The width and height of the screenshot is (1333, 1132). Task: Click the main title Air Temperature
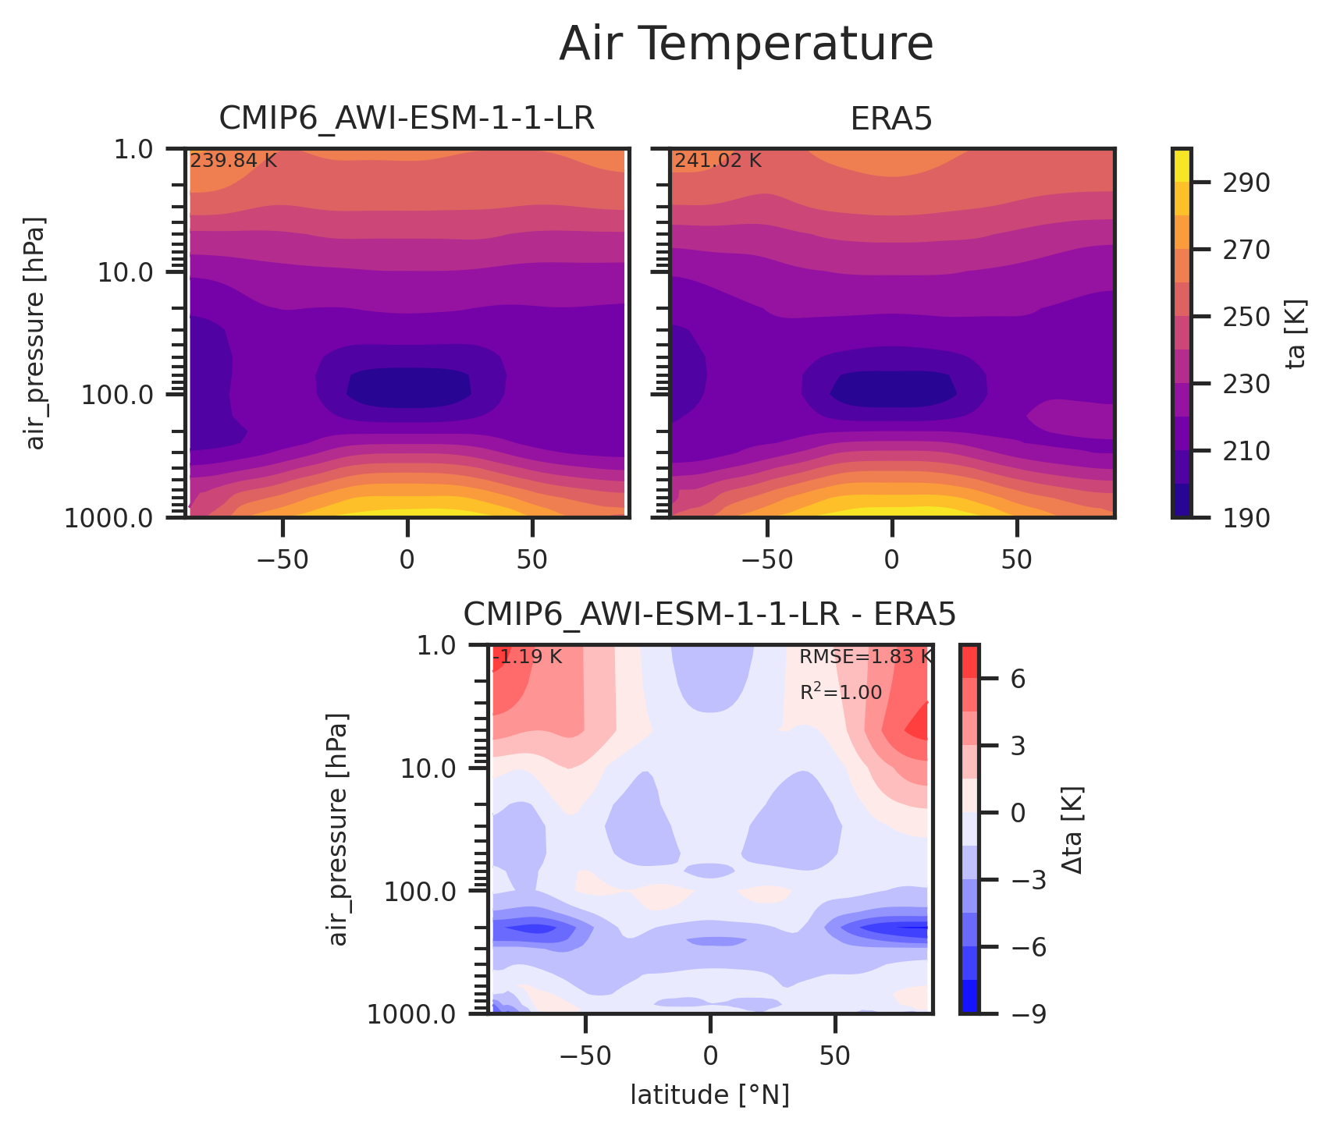point(746,44)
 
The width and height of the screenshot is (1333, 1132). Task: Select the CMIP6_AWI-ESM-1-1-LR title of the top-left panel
point(407,119)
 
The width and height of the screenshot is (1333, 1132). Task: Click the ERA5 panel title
point(891,119)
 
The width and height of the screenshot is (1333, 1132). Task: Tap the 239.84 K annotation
point(233,161)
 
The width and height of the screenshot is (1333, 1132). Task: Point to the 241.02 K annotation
point(717,161)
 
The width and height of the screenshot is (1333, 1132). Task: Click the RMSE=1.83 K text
point(866,657)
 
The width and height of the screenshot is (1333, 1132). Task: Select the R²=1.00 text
point(841,692)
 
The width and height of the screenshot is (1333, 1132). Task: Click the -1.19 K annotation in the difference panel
point(527,657)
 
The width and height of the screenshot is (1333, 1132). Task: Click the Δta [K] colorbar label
point(1073,829)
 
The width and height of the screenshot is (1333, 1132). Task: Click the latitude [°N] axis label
point(709,1095)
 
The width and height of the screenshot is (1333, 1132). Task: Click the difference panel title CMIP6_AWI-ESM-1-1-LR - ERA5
point(709,615)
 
